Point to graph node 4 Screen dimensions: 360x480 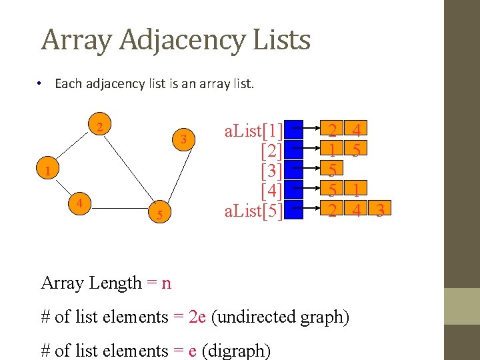click(79, 202)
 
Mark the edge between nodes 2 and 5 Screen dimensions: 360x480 click(129, 171)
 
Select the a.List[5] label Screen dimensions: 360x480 click(254, 211)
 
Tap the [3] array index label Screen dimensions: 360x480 click(271, 170)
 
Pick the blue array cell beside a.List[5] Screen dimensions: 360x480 click(294, 211)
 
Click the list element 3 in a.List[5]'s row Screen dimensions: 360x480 click(379, 211)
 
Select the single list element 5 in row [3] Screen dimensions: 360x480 click(331, 170)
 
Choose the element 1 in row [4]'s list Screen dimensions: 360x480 click(357, 191)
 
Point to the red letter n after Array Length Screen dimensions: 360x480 click(166, 283)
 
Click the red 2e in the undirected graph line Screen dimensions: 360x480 click(197, 317)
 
